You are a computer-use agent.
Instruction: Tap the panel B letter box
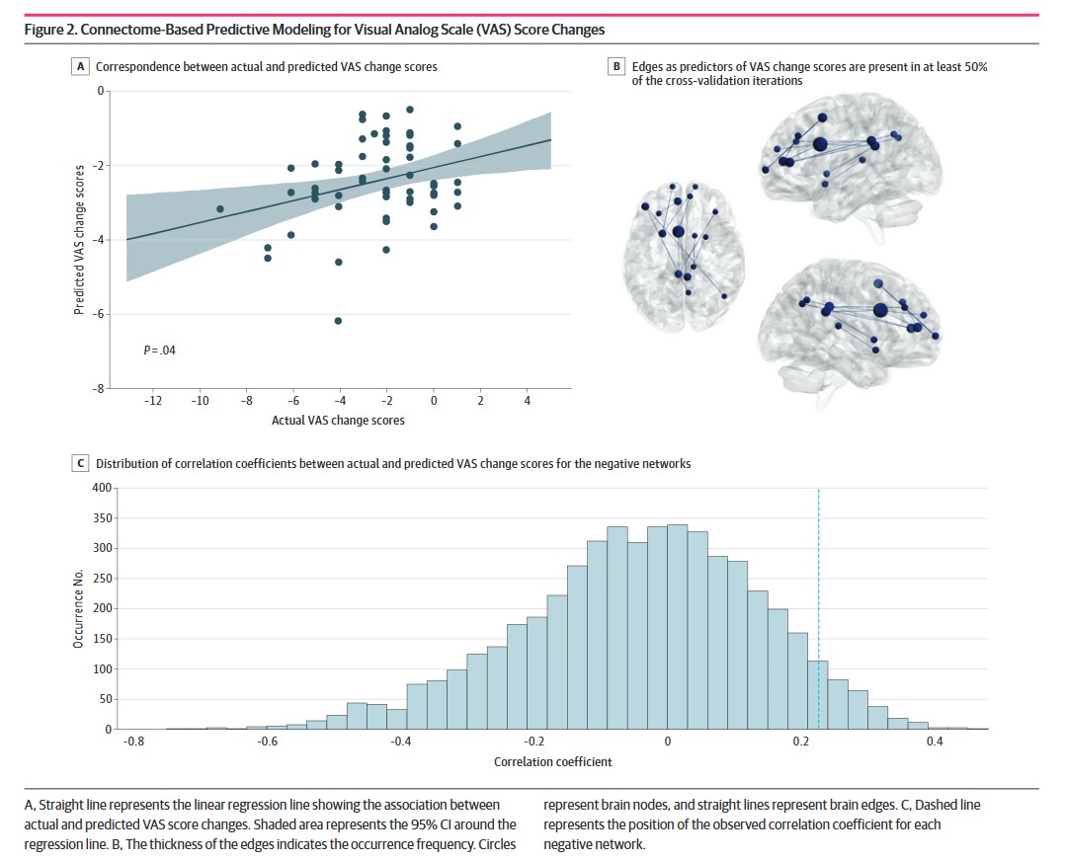click(617, 67)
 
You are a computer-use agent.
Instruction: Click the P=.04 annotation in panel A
click(159, 350)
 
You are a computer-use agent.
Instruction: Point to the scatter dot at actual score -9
click(220, 209)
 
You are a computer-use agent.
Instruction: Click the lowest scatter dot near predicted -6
click(339, 321)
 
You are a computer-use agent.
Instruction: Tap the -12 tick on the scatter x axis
click(153, 403)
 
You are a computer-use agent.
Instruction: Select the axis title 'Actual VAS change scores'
click(338, 421)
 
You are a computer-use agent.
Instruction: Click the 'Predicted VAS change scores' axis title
click(78, 240)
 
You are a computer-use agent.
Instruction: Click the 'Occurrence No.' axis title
click(78, 608)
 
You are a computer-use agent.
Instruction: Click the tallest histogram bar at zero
click(677, 627)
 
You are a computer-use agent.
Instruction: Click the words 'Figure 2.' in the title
click(51, 30)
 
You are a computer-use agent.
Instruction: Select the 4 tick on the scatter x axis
click(527, 403)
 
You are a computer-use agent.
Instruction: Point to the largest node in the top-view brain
click(678, 232)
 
